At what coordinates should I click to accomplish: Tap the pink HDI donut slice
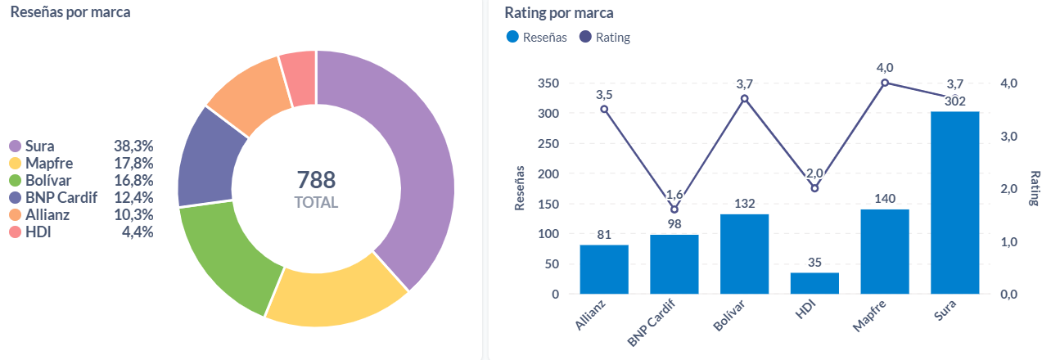(x=299, y=78)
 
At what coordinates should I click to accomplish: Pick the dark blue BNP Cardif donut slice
(x=211, y=155)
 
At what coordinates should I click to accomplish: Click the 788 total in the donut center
(x=316, y=180)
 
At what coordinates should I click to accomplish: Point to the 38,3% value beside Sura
(x=134, y=146)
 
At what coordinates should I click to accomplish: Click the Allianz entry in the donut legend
(x=47, y=215)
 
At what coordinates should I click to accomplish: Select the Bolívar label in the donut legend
(x=48, y=181)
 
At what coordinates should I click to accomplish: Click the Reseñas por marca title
(x=70, y=12)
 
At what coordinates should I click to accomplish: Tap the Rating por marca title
(x=559, y=12)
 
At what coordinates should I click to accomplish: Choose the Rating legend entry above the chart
(x=612, y=37)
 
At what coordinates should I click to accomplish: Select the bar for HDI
(x=814, y=283)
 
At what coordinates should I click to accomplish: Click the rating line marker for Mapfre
(x=885, y=83)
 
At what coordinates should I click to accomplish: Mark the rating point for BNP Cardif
(x=674, y=209)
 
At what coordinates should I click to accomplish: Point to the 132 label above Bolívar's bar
(x=744, y=203)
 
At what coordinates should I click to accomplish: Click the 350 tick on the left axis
(x=548, y=83)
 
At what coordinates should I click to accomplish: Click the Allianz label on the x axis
(x=592, y=314)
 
